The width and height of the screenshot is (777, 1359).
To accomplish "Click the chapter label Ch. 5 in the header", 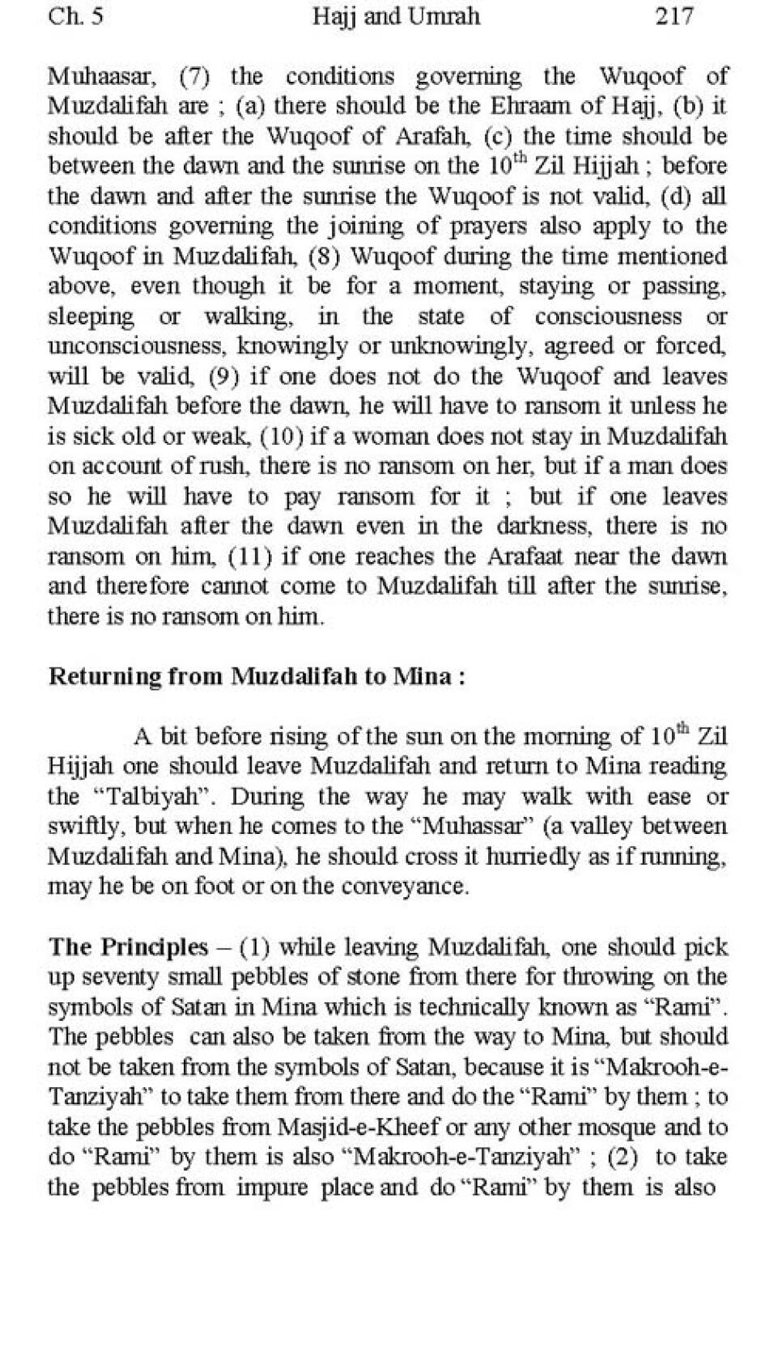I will tap(75, 16).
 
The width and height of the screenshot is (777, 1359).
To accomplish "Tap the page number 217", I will tap(673, 16).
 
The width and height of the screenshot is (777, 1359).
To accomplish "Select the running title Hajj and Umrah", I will tap(396, 16).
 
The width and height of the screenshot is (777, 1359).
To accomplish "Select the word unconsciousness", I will tap(138, 346).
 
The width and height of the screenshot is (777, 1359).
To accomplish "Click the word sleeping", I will tap(91, 316).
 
